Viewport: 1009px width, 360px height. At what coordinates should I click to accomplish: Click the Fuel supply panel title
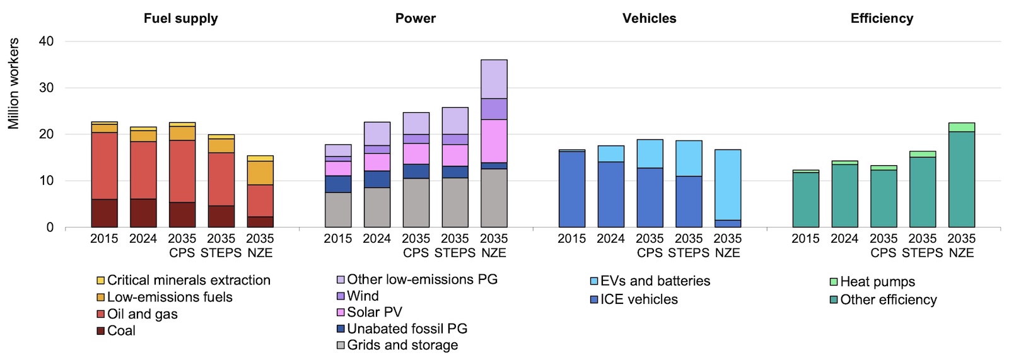(x=180, y=18)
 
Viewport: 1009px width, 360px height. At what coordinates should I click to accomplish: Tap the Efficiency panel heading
(x=882, y=18)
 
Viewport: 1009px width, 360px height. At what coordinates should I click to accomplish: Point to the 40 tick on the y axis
(x=47, y=41)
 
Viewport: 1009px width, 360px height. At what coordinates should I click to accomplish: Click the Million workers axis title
(x=14, y=84)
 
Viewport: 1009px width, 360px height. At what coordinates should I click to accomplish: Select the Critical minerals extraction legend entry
(x=189, y=280)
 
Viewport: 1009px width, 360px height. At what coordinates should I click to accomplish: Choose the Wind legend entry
(x=363, y=296)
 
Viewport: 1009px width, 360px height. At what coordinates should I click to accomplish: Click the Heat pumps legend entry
(x=877, y=281)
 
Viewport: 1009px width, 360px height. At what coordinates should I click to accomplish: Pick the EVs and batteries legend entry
(x=655, y=281)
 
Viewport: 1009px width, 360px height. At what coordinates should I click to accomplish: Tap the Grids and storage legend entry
(x=402, y=345)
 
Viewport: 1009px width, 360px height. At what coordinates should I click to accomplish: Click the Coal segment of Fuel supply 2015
(x=104, y=213)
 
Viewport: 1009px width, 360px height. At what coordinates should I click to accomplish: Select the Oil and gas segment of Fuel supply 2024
(x=143, y=170)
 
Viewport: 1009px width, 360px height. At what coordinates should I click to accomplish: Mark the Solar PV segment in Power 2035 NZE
(x=494, y=141)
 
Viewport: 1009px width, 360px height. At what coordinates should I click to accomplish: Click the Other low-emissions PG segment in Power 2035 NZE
(x=494, y=79)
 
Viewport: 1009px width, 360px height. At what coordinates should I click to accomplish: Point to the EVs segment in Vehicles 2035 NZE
(x=728, y=185)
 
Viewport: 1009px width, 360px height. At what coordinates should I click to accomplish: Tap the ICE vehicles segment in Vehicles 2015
(x=572, y=189)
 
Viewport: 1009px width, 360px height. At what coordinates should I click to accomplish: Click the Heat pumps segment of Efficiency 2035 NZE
(x=962, y=127)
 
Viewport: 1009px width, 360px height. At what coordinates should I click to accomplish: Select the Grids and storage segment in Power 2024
(x=377, y=207)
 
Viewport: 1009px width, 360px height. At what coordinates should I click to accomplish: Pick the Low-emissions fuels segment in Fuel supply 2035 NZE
(x=260, y=173)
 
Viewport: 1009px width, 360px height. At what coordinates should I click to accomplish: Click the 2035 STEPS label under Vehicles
(x=689, y=246)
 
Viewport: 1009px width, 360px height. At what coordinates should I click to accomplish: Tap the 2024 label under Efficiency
(x=844, y=239)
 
